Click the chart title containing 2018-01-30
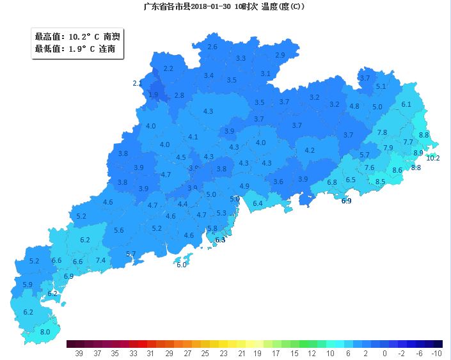pos(225,6)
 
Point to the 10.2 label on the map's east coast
pos(433,158)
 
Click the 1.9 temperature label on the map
pos(153,95)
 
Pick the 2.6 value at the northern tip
pos(212,47)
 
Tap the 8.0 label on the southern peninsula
pos(45,332)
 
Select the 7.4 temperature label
pos(100,260)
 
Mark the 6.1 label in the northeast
pos(406,104)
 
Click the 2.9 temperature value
pos(280,55)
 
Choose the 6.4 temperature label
pos(258,203)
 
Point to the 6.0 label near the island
pos(181,265)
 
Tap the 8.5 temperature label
pos(380,182)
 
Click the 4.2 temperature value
pos(310,150)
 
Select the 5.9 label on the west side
pos(28,285)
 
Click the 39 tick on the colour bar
pos(79,353)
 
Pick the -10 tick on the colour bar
pos(436,353)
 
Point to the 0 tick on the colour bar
pos(384,353)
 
